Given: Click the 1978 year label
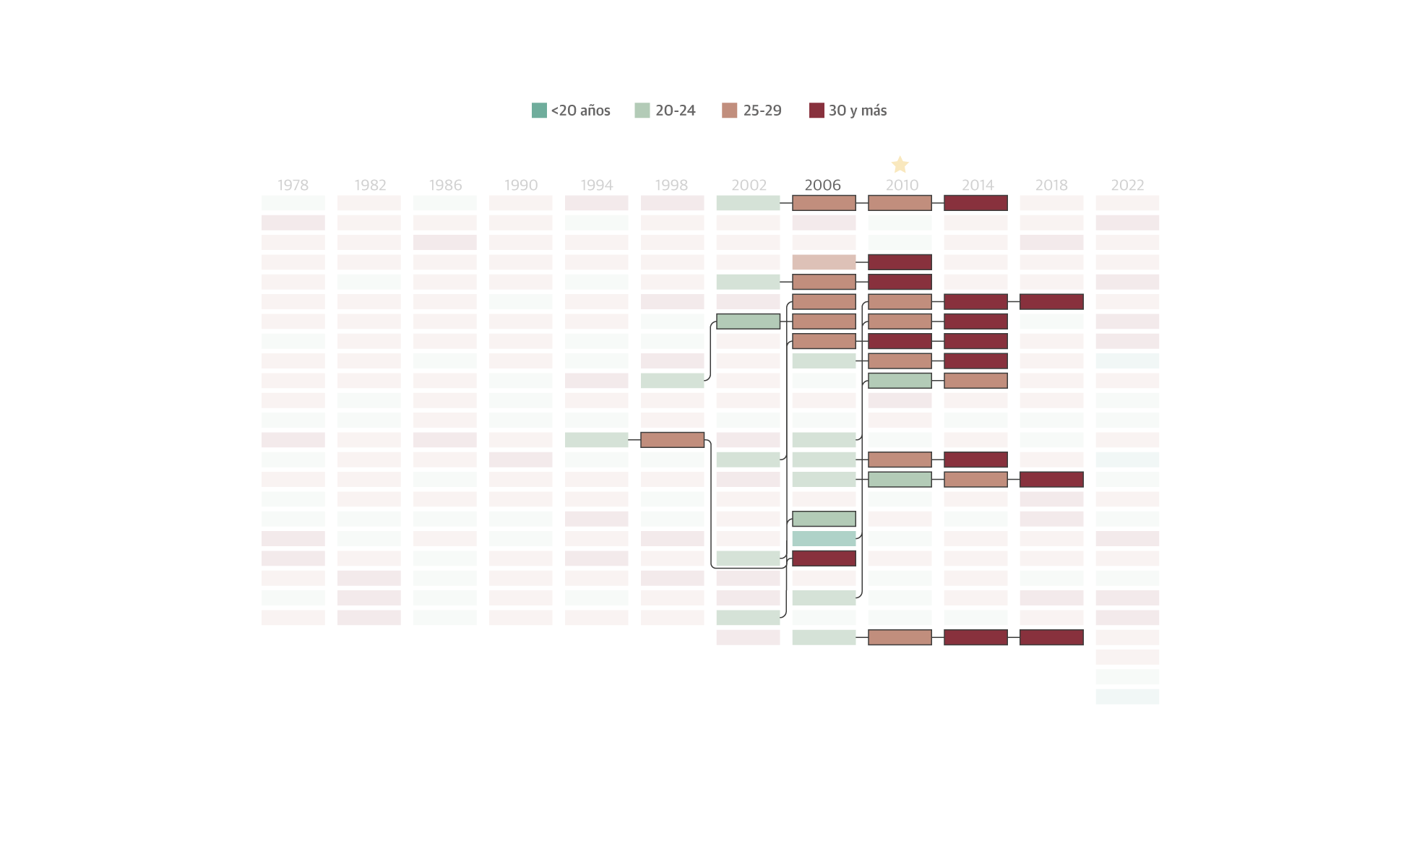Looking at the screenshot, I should (293, 185).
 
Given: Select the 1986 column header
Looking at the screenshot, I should (445, 185).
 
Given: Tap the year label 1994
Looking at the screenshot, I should (596, 185).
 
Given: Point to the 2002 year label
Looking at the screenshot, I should (749, 185).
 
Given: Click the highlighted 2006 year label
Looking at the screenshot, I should (823, 185).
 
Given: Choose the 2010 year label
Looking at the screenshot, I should (902, 185).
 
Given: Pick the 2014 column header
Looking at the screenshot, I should (978, 185).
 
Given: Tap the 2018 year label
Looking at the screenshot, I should (1051, 185).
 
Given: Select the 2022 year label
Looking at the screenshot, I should (1127, 185).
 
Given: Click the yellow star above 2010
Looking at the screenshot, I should (900, 164).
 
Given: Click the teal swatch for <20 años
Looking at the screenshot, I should (539, 111).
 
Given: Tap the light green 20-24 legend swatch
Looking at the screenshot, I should (642, 111).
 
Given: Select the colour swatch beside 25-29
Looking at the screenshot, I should (729, 111).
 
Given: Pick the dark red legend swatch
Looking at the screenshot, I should (816, 111).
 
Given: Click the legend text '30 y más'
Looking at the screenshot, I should (858, 111).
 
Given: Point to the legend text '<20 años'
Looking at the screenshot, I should (581, 111).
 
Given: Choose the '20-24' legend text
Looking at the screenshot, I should (676, 111).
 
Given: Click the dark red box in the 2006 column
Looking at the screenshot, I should (824, 558).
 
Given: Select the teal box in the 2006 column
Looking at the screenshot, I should (824, 538).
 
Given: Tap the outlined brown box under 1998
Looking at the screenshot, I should (672, 439).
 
